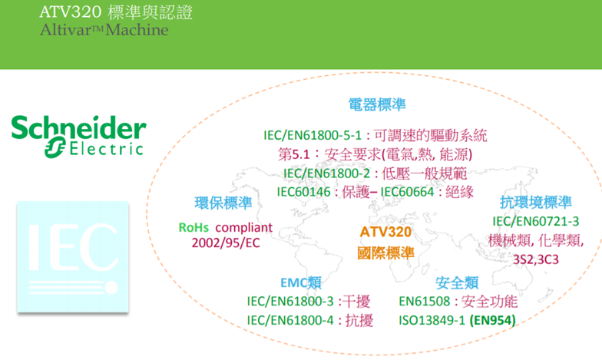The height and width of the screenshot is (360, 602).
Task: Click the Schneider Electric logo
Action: tap(78, 137)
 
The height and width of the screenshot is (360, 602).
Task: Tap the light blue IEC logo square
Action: tap(72, 256)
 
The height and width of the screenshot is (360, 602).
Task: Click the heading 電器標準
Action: tap(377, 104)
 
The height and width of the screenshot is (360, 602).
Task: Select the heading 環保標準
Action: tap(223, 203)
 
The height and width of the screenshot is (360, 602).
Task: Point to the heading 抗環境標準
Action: tap(536, 202)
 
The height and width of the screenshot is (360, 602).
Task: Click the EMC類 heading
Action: tap(301, 282)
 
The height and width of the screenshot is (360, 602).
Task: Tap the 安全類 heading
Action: tap(457, 282)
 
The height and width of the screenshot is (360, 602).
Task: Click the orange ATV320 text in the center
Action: tap(385, 232)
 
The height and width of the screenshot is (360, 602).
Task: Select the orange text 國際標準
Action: tap(385, 253)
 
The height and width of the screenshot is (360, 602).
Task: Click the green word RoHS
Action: tap(193, 227)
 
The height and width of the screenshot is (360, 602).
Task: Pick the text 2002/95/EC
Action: tap(226, 243)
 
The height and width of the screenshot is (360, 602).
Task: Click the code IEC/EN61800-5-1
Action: tap(313, 135)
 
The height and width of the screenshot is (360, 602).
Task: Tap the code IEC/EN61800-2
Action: tap(327, 173)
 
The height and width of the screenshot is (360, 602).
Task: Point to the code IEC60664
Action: tap(407, 192)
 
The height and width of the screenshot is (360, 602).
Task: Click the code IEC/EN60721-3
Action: tap(536, 221)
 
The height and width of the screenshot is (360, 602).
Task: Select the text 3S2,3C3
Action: tap(536, 259)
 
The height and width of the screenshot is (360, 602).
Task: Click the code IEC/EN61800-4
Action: tap(290, 320)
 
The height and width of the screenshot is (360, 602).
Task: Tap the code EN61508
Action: tap(424, 301)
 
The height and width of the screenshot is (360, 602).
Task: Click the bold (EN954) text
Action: tap(492, 320)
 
